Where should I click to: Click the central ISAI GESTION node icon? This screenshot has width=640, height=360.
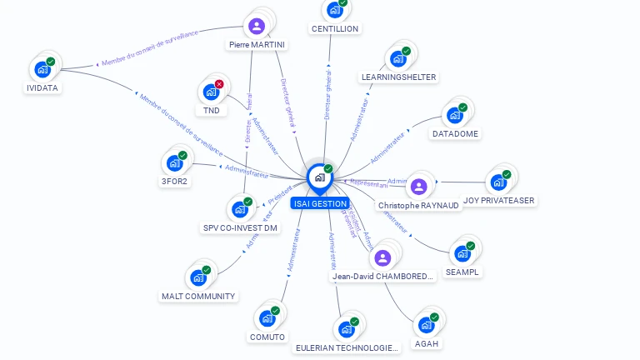click(x=319, y=177)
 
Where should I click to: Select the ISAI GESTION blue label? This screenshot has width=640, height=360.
click(x=319, y=203)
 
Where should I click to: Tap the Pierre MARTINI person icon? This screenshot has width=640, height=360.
click(x=257, y=26)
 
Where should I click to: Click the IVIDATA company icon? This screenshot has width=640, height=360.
click(x=42, y=70)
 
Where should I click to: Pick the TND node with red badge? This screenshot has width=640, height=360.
click(x=211, y=92)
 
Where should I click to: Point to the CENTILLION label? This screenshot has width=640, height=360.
click(x=334, y=28)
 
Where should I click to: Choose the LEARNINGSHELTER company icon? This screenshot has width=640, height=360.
click(x=397, y=59)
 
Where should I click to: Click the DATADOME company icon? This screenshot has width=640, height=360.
click(x=455, y=116)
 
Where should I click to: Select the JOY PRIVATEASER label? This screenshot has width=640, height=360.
click(x=499, y=200)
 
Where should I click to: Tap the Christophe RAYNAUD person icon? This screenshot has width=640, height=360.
click(x=418, y=186)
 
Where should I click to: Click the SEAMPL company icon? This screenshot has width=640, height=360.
click(x=462, y=253)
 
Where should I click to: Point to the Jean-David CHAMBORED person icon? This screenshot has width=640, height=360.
click(x=382, y=257)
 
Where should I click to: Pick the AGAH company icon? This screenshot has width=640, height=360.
click(x=427, y=324)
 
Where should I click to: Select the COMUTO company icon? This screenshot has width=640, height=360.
click(x=267, y=318)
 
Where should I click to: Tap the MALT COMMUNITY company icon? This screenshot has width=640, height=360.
click(x=198, y=277)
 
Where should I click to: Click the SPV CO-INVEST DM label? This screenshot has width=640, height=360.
click(x=240, y=227)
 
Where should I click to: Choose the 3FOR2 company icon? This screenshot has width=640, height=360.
click(x=174, y=163)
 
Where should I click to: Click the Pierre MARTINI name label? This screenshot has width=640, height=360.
click(x=257, y=44)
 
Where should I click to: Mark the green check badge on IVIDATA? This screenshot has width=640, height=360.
click(x=51, y=62)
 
